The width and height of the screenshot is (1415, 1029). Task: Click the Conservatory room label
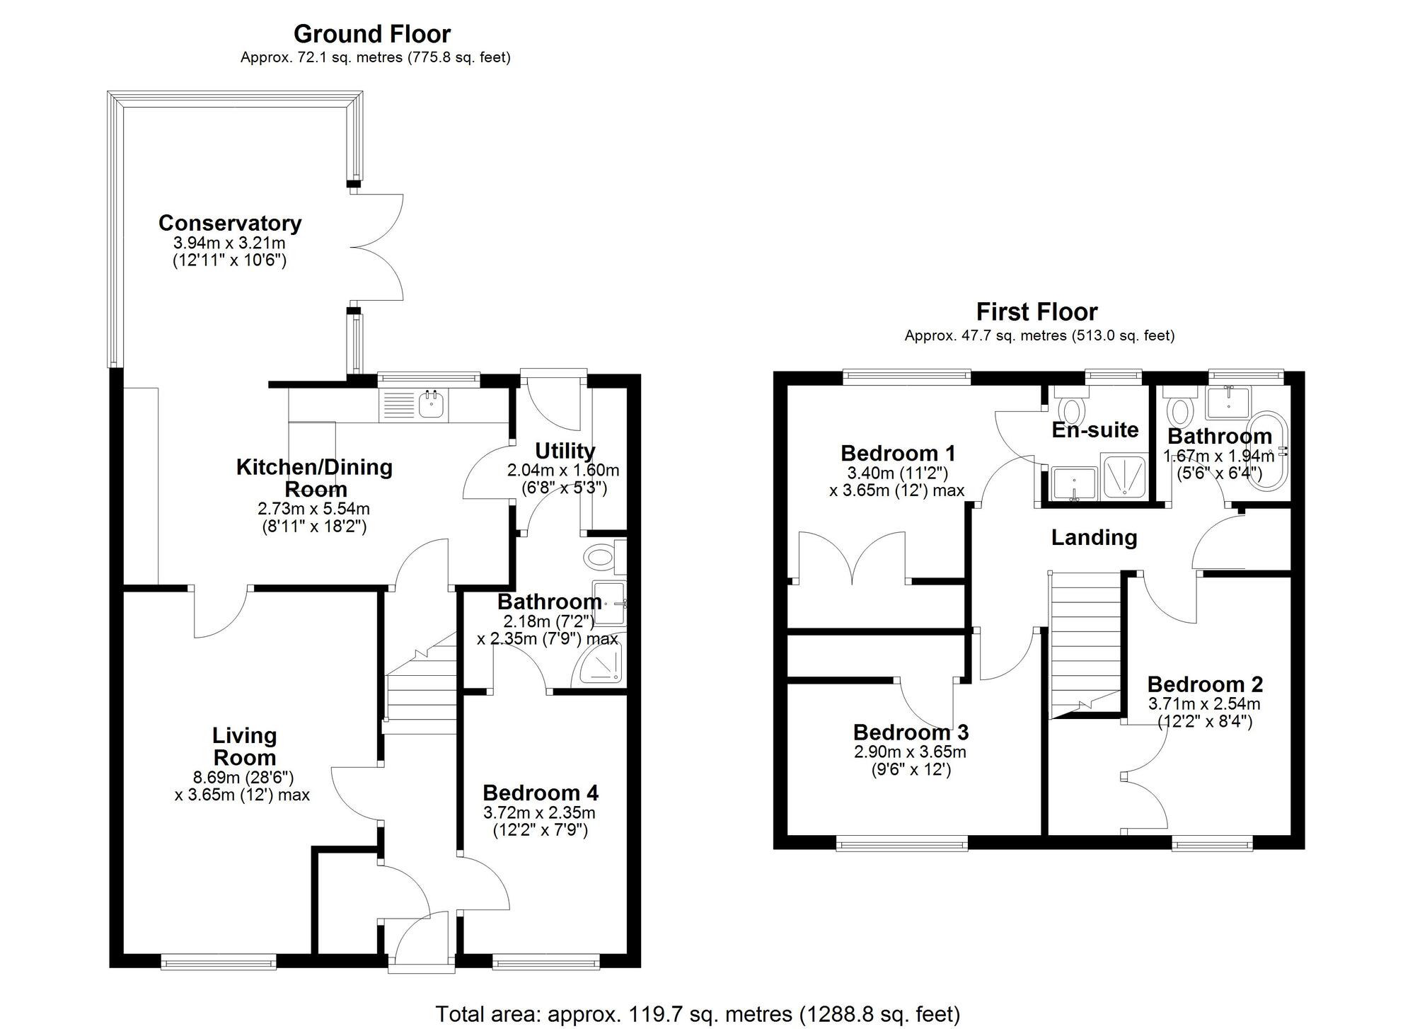[230, 223]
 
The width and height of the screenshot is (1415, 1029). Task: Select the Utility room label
[565, 451]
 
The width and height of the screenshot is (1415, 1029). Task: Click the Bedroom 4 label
[541, 792]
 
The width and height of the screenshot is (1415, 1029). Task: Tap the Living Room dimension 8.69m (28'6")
[244, 776]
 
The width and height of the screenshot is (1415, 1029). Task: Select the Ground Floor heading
[372, 34]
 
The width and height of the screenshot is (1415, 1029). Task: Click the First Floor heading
[1036, 312]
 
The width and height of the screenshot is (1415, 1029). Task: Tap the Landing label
[1094, 538]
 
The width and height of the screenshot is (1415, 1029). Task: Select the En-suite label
[1095, 430]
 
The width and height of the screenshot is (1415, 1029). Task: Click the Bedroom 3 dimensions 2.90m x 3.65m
[910, 752]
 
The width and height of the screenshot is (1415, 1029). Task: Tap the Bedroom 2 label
[1205, 684]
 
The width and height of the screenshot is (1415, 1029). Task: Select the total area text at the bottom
[697, 1014]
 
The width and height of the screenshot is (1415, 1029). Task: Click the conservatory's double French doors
[376, 247]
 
